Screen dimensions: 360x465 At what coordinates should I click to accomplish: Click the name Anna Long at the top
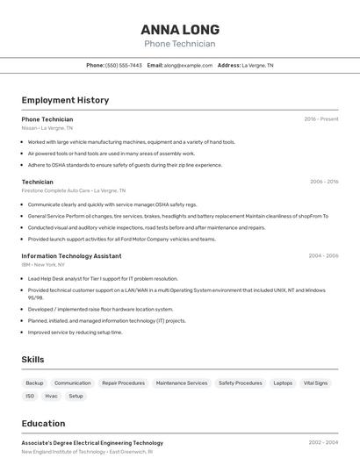point(179,29)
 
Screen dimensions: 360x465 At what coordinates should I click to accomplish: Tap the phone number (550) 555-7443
point(124,65)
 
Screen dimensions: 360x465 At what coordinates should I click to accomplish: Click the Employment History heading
point(65,100)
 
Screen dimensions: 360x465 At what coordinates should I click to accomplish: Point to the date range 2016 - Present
point(321,118)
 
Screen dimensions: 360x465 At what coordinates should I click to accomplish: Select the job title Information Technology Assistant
point(71,256)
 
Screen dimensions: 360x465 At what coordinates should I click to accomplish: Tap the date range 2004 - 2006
point(323,256)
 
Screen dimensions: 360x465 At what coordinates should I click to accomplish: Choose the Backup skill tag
point(34,383)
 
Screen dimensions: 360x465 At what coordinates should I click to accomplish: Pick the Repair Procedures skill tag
point(123,383)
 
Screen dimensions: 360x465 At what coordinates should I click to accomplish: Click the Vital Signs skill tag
point(315,383)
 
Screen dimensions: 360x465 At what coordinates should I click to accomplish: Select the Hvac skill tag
point(52,396)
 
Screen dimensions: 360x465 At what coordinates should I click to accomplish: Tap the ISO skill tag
point(30,396)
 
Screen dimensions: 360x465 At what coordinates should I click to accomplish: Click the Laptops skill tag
point(283,383)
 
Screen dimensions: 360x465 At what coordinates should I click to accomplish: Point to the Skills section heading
point(32,360)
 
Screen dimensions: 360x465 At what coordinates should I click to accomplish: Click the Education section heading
point(43,423)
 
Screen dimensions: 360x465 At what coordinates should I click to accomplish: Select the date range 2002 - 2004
point(323,443)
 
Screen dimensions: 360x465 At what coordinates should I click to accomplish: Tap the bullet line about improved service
point(75,333)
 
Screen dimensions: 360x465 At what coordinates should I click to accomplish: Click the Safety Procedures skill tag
point(240,383)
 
